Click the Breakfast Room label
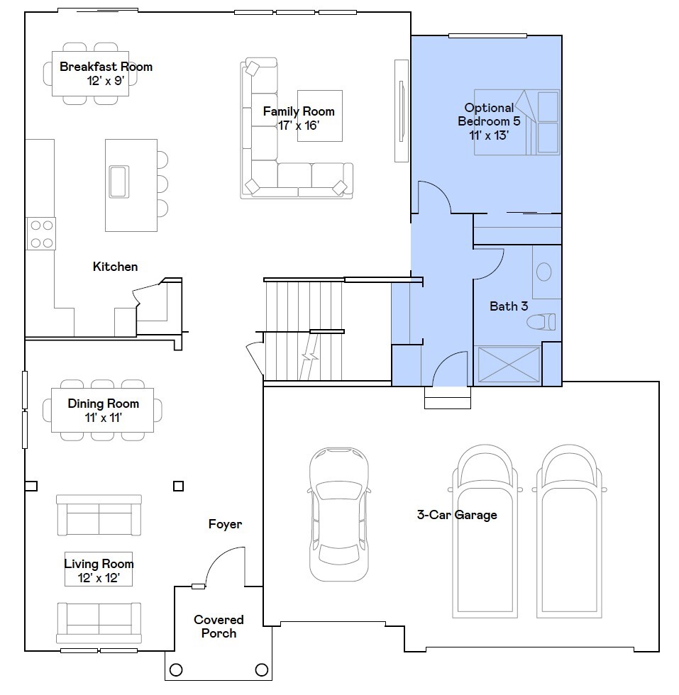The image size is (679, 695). (x=106, y=67)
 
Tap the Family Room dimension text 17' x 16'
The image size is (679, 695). (x=299, y=126)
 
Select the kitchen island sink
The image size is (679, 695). (x=119, y=182)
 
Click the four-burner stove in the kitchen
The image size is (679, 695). (x=41, y=233)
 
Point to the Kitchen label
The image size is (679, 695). (x=116, y=267)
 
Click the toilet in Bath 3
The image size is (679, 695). (x=541, y=321)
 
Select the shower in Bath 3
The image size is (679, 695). (x=509, y=365)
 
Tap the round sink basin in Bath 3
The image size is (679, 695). (x=543, y=272)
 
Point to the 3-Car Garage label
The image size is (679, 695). (x=457, y=515)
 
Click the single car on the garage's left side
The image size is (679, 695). (x=339, y=514)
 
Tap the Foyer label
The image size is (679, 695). (x=226, y=524)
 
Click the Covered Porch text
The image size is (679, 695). (x=219, y=626)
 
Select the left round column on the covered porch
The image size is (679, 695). (x=176, y=669)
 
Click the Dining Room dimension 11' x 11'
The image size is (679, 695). (x=104, y=418)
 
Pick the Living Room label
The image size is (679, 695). (x=99, y=563)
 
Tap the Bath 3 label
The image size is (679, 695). (x=509, y=306)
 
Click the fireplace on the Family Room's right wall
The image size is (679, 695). (x=402, y=111)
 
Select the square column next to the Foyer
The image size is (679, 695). (x=178, y=486)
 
